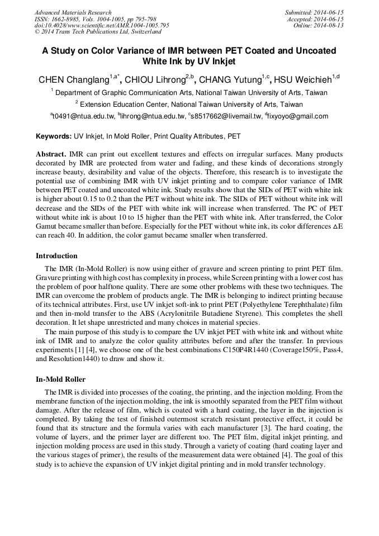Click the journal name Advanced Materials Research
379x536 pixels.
[x=73, y=12]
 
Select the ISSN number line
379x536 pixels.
[x=95, y=19]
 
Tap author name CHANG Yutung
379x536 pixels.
[x=230, y=80]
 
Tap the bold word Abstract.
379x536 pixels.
[x=51, y=154]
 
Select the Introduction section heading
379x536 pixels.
[x=56, y=256]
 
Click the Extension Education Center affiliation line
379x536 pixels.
[x=190, y=105]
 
